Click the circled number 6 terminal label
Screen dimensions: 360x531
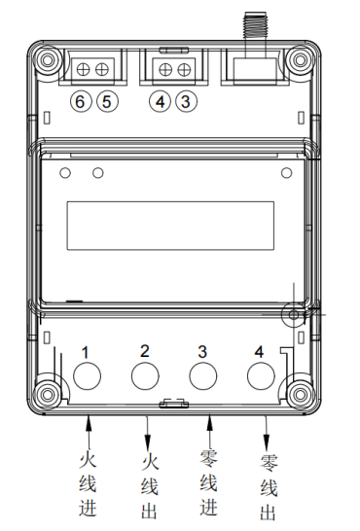click(x=81, y=101)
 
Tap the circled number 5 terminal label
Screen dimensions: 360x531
click(x=108, y=101)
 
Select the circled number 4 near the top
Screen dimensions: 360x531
click(x=161, y=101)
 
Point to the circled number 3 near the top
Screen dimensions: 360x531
click(x=186, y=101)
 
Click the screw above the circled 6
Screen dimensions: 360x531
click(x=83, y=70)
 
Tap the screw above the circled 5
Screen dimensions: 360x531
click(x=101, y=70)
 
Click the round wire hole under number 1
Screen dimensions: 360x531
click(x=87, y=376)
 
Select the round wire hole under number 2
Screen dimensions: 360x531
click(x=145, y=376)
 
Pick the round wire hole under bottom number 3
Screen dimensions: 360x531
click(x=202, y=376)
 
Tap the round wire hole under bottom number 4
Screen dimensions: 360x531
click(x=261, y=376)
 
